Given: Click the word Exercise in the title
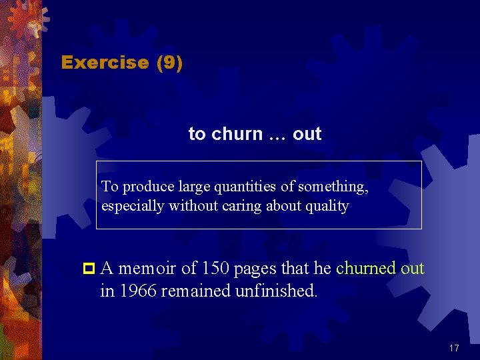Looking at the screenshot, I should coord(105,63).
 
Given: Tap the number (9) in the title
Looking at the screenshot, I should coord(169,63).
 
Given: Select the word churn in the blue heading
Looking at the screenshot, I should coord(237,134).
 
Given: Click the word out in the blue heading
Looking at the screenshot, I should coord(307,134).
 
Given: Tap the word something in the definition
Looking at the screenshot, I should coord(333,187).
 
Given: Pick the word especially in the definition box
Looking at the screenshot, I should coord(133,206).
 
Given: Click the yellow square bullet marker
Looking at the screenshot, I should coord(87,269).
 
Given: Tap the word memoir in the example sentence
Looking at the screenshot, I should coord(147,269).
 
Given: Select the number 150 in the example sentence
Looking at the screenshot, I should coord(214,269).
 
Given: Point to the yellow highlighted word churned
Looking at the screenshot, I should coord(366,269).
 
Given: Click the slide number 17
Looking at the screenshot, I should coord(454,348).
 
